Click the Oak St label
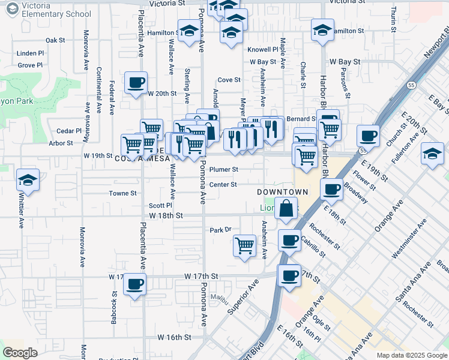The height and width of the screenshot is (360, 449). (55, 40)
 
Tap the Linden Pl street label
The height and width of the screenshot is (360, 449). (31, 53)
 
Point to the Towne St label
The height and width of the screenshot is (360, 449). (122, 193)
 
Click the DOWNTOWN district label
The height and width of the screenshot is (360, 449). (282, 192)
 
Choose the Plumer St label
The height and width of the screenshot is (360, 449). (223, 170)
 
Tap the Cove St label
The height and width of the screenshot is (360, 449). (229, 80)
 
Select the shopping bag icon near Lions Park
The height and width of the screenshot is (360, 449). (288, 209)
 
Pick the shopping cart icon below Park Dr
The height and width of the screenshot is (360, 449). (244, 245)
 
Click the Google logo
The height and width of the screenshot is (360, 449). (20, 353)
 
